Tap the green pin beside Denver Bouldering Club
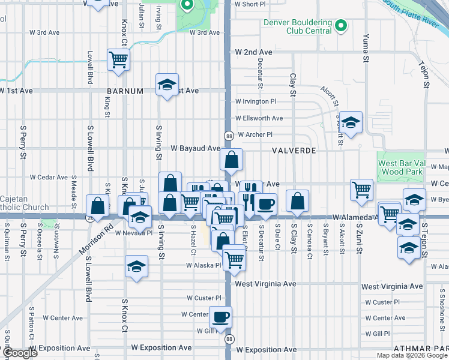[x=341, y=25]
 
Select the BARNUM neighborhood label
[x=126, y=91]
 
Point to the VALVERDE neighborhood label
[x=294, y=151]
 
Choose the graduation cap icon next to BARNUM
[x=167, y=84]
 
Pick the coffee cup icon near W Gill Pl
[x=220, y=317]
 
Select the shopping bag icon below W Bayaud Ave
[x=231, y=160]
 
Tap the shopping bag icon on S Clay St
[x=297, y=201]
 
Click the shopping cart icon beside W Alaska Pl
[x=234, y=259]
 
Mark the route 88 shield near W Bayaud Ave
[x=229, y=136]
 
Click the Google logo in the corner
[x=20, y=353]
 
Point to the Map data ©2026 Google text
[x=412, y=355]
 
